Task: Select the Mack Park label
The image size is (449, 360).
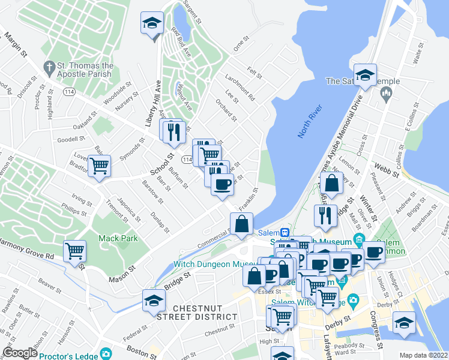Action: point(118,238)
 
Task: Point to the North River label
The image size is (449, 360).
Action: point(310,120)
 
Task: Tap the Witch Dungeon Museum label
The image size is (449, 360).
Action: point(207,264)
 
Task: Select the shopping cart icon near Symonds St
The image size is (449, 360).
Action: point(99,166)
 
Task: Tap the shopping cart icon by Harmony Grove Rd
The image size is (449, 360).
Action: point(74,251)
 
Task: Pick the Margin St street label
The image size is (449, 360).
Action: point(16,45)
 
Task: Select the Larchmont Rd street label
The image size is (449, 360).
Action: point(240,88)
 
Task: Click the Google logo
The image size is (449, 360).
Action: point(20,353)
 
